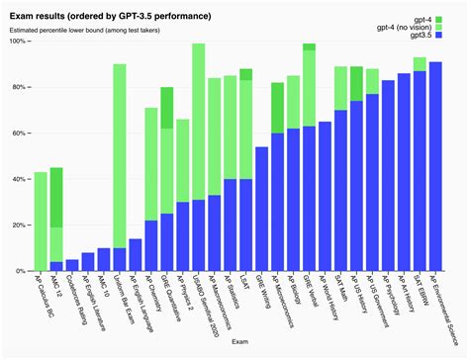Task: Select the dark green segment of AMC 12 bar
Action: pos(56,197)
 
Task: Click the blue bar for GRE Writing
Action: pos(262,209)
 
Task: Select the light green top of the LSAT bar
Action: pos(246,74)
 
